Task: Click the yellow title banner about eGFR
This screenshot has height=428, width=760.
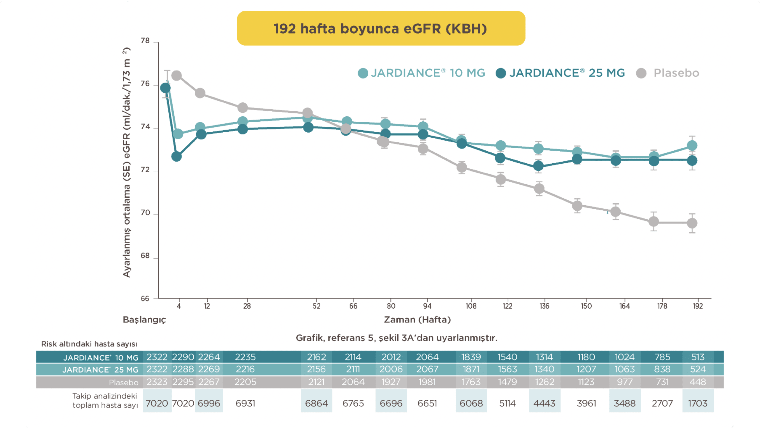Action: click(x=381, y=28)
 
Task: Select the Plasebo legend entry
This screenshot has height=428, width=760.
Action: click(x=668, y=73)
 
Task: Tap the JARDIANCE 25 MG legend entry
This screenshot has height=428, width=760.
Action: click(x=560, y=73)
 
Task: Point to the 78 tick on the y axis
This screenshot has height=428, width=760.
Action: click(x=145, y=41)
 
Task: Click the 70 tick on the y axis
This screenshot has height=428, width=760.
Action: click(x=145, y=213)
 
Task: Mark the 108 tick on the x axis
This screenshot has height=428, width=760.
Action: click(x=471, y=306)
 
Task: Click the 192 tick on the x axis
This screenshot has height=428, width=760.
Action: click(x=698, y=306)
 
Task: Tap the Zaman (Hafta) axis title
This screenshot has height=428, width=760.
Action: click(x=417, y=319)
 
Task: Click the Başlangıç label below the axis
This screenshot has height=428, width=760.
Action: click(x=144, y=319)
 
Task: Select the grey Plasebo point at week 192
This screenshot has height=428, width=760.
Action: click(x=692, y=223)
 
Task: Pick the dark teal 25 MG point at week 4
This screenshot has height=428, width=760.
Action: click(x=177, y=156)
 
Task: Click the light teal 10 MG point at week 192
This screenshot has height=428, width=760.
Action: click(x=692, y=145)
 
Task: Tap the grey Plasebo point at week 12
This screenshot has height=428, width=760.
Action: click(x=200, y=93)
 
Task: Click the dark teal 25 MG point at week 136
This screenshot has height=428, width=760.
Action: click(x=538, y=166)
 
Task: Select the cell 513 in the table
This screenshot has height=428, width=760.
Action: click(x=698, y=357)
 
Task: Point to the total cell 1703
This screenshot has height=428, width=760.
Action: click(x=698, y=403)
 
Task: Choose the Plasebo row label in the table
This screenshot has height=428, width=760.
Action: click(x=123, y=382)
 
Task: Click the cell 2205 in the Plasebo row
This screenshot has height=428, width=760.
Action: click(x=245, y=382)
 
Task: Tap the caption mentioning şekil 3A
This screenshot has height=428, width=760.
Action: click(x=397, y=338)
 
